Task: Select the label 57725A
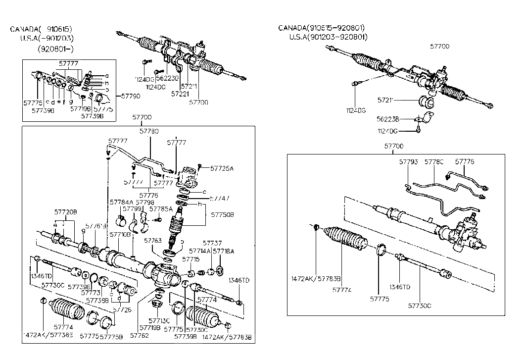coord(222,168)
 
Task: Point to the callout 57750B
coord(222,215)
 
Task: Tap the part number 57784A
coord(122,202)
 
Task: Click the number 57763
coord(153,240)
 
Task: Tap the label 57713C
coord(158,320)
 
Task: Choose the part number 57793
coord(408,162)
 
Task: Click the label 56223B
coord(387,119)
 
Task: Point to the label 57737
coord(214,243)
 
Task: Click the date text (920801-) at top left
coord(55,49)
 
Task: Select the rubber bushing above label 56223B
coord(426,103)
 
